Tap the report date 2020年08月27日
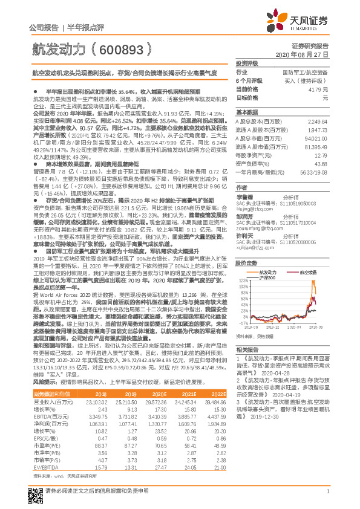coord(306,54)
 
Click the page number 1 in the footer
coord(327,498)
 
